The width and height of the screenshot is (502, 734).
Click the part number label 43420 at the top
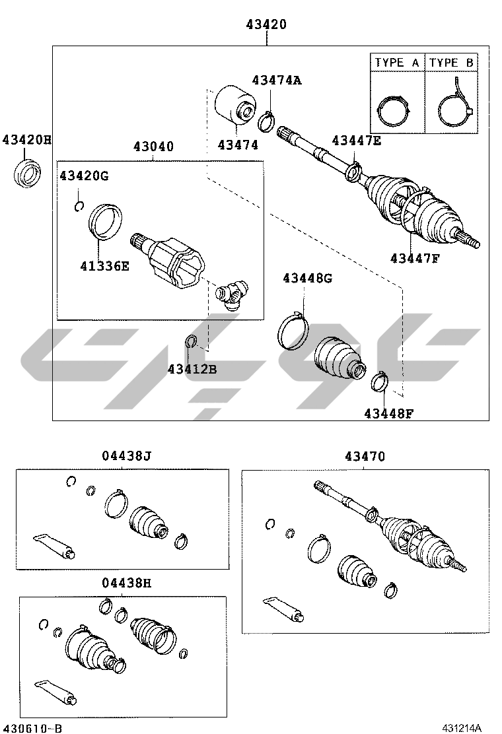(266, 24)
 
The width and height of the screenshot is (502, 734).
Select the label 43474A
(277, 80)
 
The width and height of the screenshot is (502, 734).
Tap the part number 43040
(154, 147)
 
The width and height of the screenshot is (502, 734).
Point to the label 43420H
(26, 139)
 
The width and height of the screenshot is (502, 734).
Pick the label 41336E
(104, 266)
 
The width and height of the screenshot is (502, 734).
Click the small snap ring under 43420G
(79, 205)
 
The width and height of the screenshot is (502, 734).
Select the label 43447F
(415, 257)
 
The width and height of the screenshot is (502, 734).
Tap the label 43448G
(307, 278)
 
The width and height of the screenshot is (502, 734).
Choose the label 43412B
(192, 369)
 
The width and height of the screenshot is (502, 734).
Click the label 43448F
(389, 413)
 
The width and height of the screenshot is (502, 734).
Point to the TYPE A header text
(397, 62)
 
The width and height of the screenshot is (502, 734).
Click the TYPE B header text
(451, 62)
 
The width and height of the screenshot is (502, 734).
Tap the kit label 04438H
(127, 583)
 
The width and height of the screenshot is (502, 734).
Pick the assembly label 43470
(365, 456)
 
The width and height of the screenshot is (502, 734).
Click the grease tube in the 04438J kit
(54, 545)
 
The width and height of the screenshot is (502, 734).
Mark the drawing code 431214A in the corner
(462, 727)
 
